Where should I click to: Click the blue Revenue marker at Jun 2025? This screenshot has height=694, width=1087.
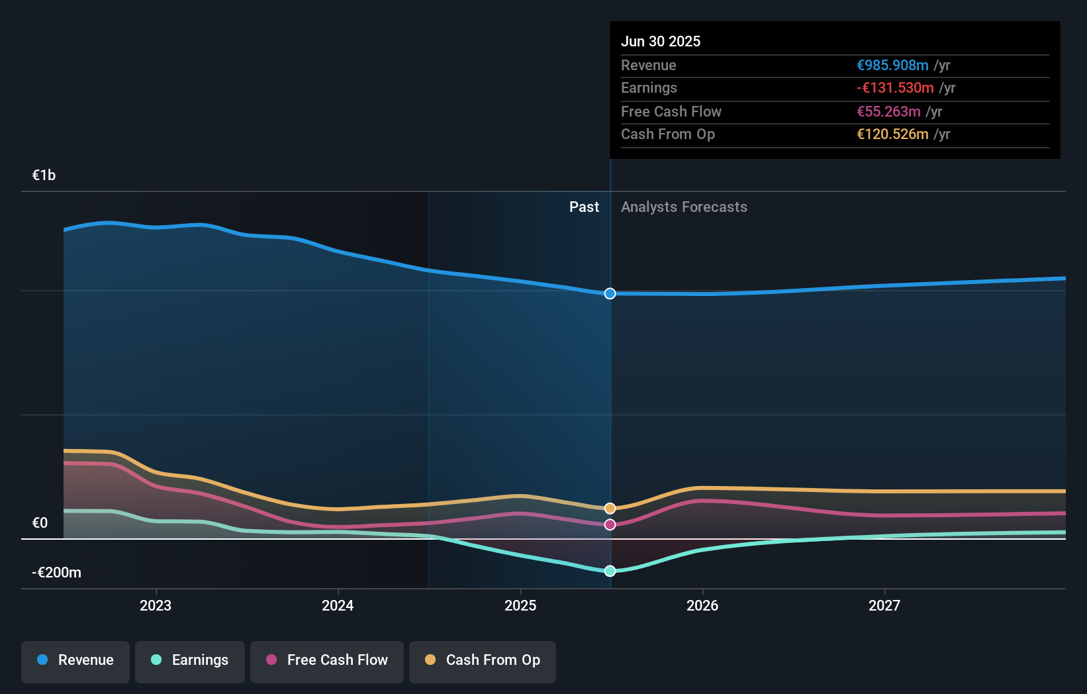click(x=610, y=293)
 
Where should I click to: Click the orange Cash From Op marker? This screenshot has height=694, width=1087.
click(x=610, y=509)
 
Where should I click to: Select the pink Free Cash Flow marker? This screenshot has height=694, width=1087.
click(x=610, y=524)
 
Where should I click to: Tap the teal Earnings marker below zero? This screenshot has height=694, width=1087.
click(x=610, y=571)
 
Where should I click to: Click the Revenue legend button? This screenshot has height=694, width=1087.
click(x=75, y=660)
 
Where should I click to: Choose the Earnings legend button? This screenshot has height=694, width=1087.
click(x=190, y=660)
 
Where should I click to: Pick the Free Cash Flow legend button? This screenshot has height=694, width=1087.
click(x=327, y=660)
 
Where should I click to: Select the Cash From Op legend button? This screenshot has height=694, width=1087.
click(x=483, y=660)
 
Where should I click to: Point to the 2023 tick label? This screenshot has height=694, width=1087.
click(x=156, y=605)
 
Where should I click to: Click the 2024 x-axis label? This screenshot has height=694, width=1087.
click(x=338, y=605)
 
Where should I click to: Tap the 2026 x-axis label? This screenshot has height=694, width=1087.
click(x=702, y=605)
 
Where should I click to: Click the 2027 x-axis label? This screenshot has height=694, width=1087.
click(x=884, y=605)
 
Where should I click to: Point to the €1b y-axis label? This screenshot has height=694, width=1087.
click(x=44, y=175)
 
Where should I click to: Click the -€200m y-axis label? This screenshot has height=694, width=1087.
click(x=56, y=573)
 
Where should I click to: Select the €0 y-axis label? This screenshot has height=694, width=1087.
click(x=40, y=523)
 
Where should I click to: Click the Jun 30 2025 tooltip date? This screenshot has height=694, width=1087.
click(x=660, y=41)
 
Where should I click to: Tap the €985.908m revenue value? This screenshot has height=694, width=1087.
click(x=892, y=65)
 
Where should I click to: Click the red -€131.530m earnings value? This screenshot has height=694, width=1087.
click(x=895, y=88)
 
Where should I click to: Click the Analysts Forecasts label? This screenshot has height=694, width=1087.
click(x=684, y=207)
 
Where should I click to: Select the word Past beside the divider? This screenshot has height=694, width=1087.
click(x=584, y=207)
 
